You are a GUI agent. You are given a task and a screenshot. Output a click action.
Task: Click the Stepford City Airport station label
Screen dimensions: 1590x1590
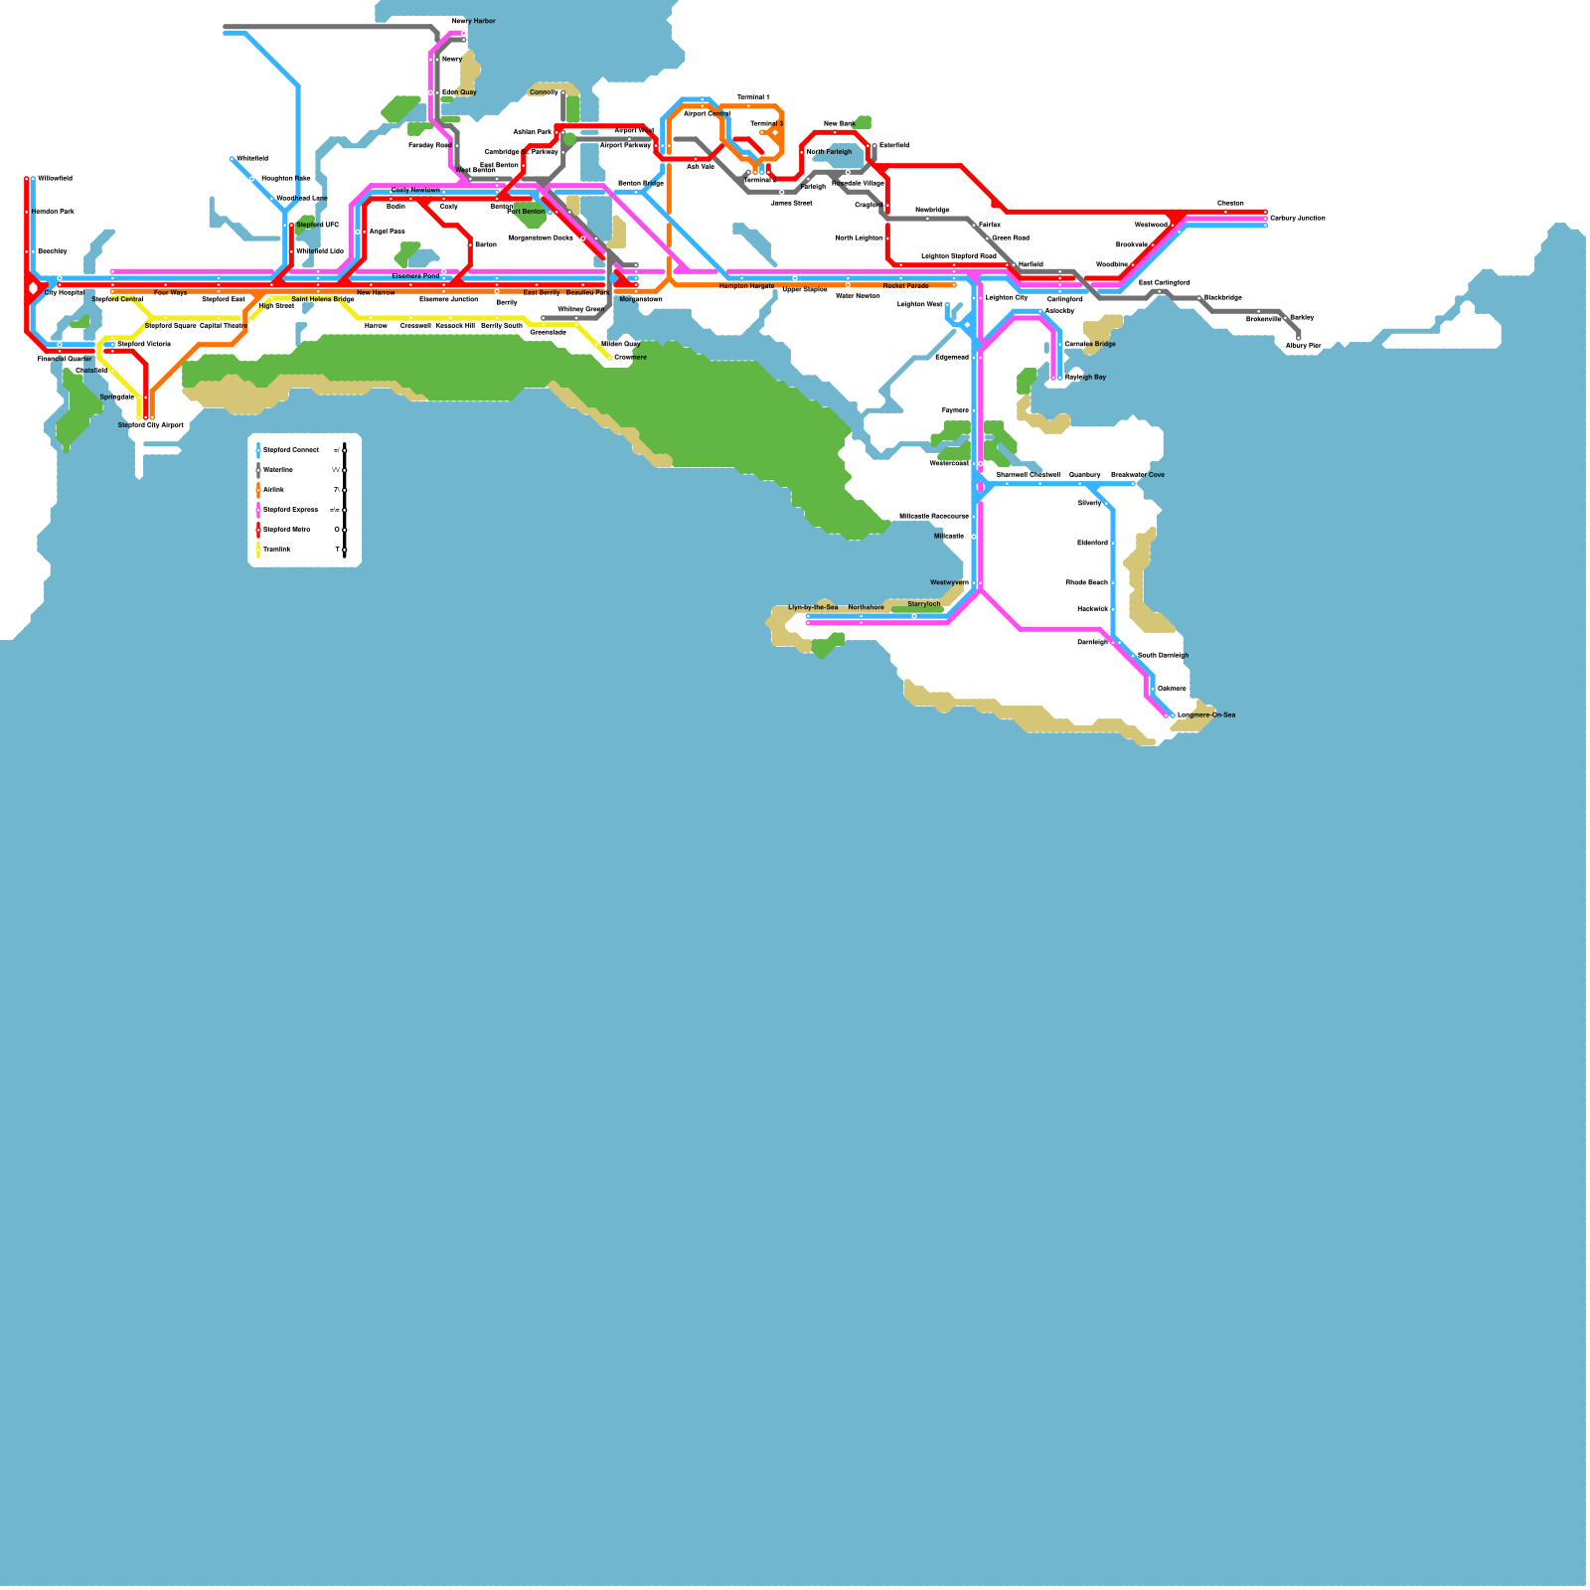coord(151,425)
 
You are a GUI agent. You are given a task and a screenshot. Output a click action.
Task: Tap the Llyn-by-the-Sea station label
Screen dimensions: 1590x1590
coord(813,607)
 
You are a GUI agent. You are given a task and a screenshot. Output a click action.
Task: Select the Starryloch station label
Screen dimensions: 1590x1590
coord(923,604)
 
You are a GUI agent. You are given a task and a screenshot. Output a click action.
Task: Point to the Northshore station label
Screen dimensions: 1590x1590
coord(866,607)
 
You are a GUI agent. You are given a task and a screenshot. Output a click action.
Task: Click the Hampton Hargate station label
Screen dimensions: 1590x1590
coord(746,286)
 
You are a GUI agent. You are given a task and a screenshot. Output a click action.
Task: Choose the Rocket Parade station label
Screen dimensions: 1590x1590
coord(905,286)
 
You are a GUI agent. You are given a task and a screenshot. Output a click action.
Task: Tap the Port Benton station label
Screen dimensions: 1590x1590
coord(526,212)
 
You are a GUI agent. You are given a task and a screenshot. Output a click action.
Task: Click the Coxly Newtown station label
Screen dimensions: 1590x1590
coord(415,190)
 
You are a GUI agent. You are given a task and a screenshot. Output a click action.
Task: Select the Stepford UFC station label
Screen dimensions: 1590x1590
coord(317,225)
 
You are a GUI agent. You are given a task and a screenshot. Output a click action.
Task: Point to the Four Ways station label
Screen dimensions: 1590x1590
coord(170,293)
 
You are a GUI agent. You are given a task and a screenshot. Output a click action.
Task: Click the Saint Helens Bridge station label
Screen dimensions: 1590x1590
coord(322,299)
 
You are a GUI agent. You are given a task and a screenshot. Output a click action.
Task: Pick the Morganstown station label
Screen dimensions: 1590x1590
coord(640,299)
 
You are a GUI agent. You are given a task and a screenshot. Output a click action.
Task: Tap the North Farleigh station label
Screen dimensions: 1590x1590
coord(829,152)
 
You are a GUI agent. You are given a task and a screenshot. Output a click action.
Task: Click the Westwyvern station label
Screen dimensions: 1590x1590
coord(949,582)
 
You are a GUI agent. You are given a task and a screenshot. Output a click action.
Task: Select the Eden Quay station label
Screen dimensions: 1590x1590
coord(459,92)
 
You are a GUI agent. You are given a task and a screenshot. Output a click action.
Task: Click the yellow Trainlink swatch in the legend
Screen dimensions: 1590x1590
coord(258,550)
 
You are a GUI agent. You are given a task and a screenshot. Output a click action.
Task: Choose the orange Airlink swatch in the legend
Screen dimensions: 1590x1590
coord(258,490)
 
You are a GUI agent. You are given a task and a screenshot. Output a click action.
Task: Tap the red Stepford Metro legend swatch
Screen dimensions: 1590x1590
coord(258,530)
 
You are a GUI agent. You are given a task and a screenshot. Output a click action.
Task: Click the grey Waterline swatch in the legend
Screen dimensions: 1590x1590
coord(258,470)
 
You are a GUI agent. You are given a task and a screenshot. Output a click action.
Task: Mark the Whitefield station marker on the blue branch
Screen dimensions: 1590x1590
coord(232,159)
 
